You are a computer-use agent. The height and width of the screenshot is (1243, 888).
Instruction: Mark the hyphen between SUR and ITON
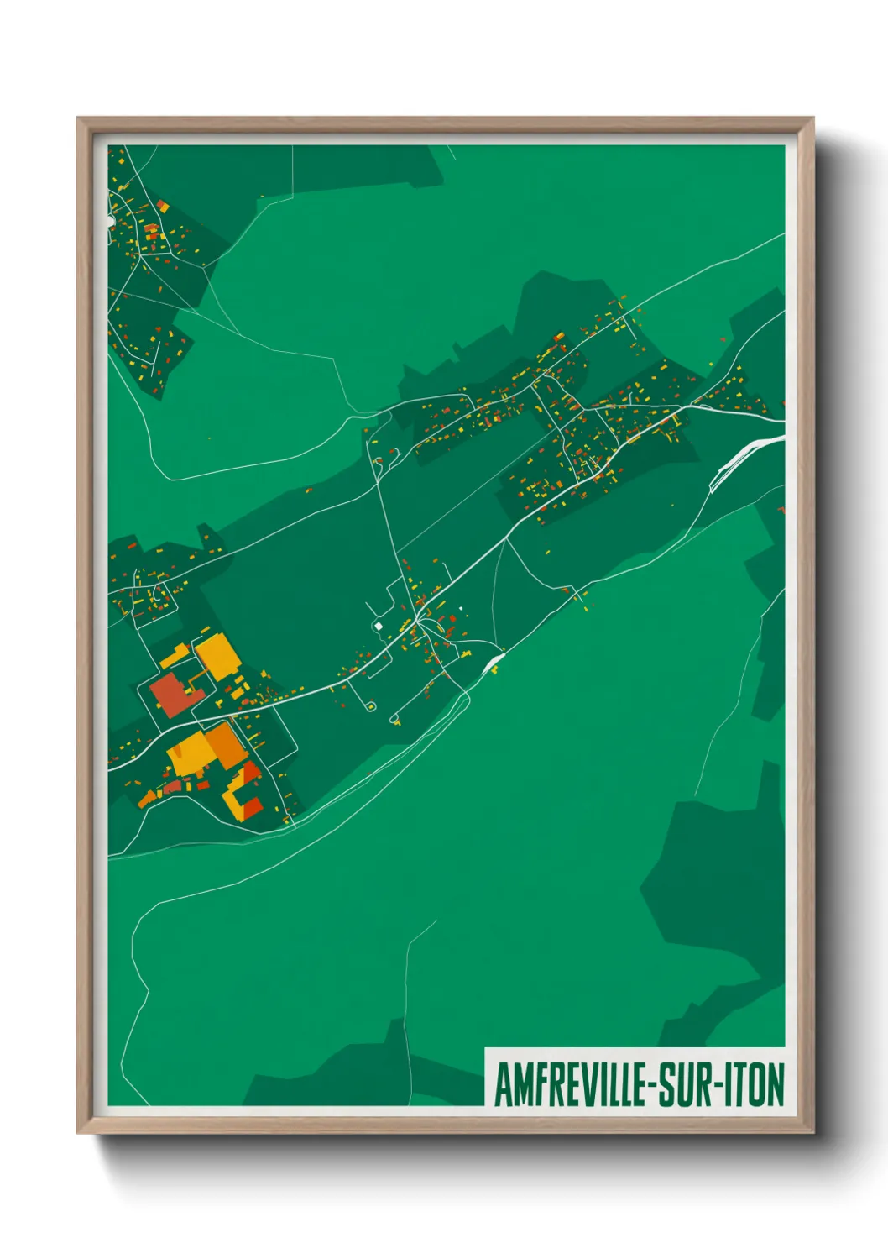point(720,1087)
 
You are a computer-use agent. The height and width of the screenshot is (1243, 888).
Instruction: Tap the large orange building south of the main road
point(225,743)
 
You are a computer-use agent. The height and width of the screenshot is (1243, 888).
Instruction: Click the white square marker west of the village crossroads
point(379,626)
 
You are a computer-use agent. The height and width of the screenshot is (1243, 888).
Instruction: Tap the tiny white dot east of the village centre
point(461,607)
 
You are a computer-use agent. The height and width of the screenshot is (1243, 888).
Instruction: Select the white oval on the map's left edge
point(110,220)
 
